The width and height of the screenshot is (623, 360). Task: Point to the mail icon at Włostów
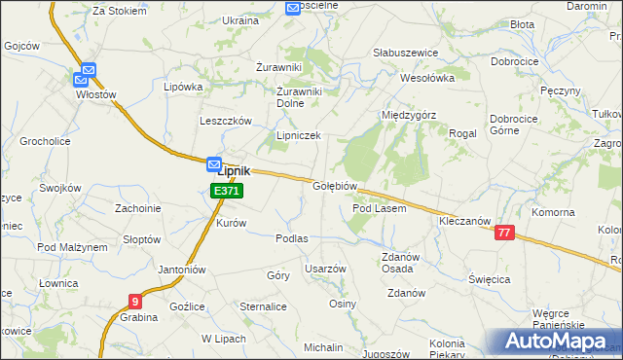pyautogui.click(x=89, y=71)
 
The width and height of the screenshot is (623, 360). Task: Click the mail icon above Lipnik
pyautogui.click(x=214, y=164)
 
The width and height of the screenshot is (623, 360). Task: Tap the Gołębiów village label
pyautogui.click(x=337, y=186)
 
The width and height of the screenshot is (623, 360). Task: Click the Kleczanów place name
pyautogui.click(x=464, y=221)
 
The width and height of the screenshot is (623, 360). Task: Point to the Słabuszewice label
pyautogui.click(x=406, y=53)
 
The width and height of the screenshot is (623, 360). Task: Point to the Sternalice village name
pyautogui.click(x=263, y=306)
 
